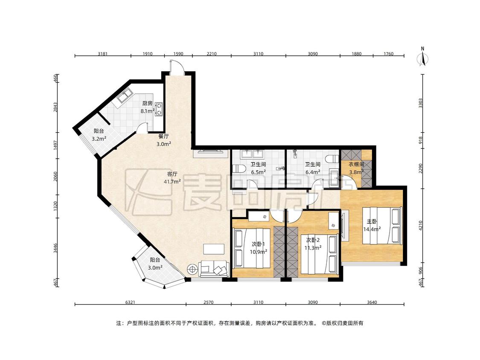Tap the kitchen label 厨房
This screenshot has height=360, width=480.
[x=147, y=104]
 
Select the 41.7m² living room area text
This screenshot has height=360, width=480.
[x=172, y=182]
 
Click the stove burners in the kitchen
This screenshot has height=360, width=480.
[x=159, y=109]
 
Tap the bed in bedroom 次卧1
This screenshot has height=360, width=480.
[x=253, y=248]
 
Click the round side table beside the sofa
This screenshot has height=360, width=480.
[x=192, y=270]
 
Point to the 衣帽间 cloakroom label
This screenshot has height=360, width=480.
[x=356, y=164]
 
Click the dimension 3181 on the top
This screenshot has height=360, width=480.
[x=102, y=54]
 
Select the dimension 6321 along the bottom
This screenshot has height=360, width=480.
[x=131, y=302]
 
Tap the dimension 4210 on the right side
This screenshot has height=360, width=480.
[x=421, y=226]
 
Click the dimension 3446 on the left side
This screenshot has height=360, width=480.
[x=55, y=248]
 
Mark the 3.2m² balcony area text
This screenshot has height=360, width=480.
[x=99, y=139]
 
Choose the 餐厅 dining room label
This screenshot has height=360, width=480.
[x=163, y=136]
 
